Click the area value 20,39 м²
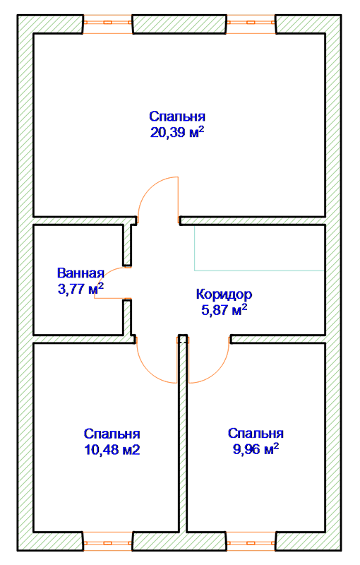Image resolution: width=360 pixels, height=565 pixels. coord(177,132)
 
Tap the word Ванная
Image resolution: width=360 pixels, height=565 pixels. coord(80,273)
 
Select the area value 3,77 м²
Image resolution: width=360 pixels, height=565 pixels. coord(80,289)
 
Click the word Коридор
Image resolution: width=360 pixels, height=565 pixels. coord(224,295)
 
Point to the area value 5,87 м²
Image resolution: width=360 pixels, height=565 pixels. coord(224,310)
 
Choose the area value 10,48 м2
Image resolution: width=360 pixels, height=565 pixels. coord(112,450)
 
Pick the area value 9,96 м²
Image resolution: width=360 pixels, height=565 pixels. coord(256,449)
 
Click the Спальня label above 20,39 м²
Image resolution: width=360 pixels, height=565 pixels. coord(177,117)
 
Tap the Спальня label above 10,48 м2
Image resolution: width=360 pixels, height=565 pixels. coord(112,434)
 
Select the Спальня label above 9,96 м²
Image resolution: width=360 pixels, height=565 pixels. coord(256,433)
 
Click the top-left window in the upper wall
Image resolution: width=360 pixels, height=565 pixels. coord(108,24)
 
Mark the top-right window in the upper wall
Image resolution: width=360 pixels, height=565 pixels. coord(251,24)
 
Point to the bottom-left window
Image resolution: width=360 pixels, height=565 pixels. coord(108,541)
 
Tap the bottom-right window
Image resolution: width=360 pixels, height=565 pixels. coord(251,541)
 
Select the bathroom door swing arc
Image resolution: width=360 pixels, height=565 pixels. coord(104,274)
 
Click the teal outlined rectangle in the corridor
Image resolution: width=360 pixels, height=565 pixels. coord(259,270)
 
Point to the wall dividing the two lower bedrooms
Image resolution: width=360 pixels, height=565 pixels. coord(183,432)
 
